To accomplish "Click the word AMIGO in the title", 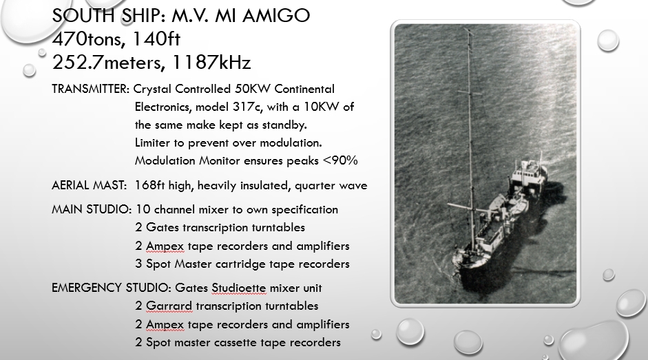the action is click(276, 15).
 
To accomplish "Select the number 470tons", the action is click(86, 39).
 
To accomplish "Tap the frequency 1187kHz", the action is click(211, 63).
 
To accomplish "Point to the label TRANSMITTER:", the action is click(90, 89).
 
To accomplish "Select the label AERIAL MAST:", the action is click(89, 185).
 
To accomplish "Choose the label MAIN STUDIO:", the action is click(92, 209).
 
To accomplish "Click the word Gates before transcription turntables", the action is click(163, 227).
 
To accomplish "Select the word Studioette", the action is click(239, 288).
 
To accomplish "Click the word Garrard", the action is click(169, 306).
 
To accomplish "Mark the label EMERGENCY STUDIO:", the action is click(111, 288).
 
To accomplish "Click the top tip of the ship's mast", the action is click(468, 29).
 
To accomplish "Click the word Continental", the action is click(304, 89).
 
